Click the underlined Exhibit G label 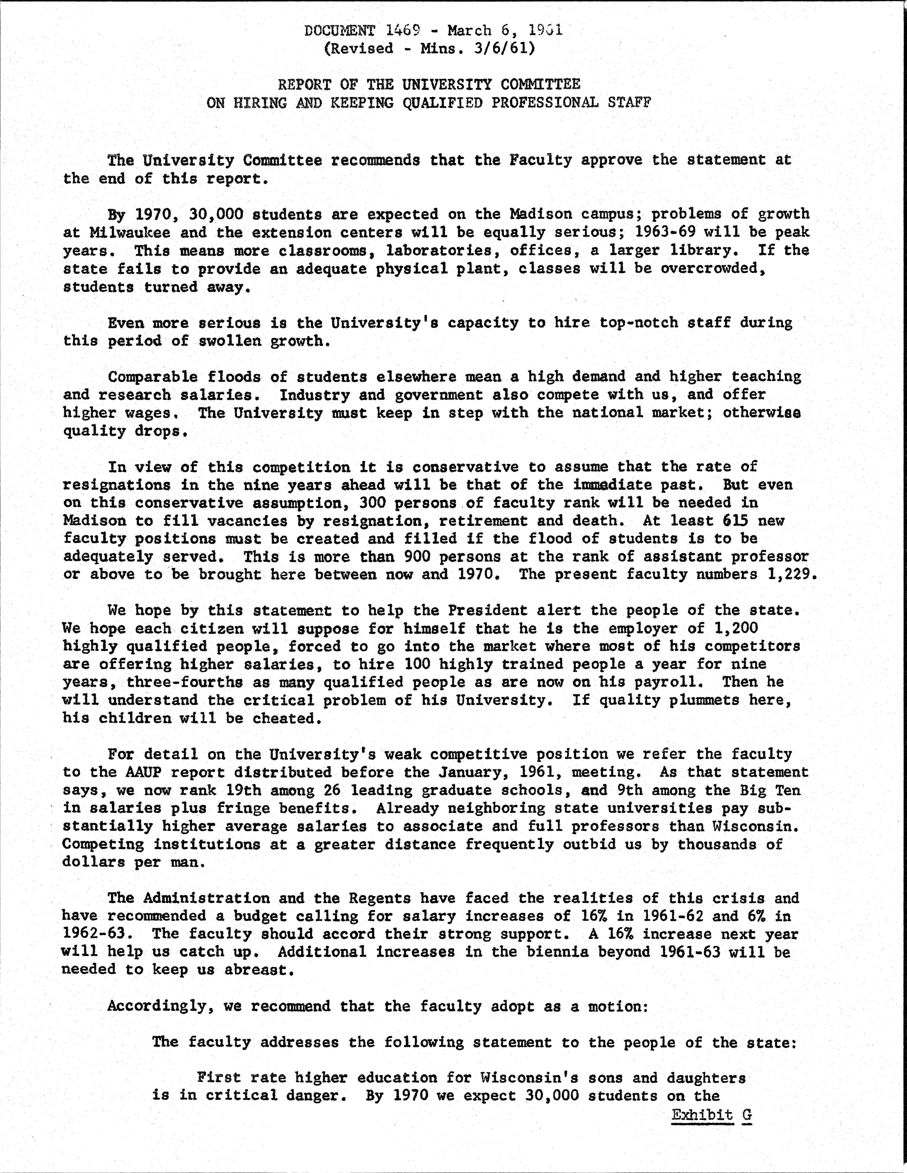click(712, 1115)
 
